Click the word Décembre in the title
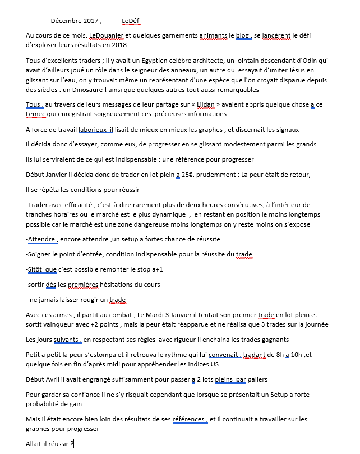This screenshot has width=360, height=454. (66, 21)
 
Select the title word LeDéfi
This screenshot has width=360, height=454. (131, 21)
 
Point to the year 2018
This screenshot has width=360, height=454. (118, 45)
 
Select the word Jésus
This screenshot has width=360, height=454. (293, 70)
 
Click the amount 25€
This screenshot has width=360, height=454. (189, 175)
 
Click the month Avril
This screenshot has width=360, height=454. (57, 379)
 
